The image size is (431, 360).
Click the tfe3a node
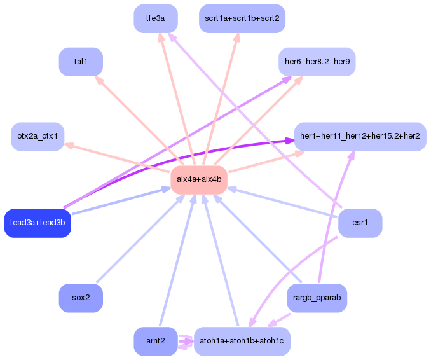156,18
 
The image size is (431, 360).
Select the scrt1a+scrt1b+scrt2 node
242,18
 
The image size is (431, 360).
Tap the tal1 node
81,62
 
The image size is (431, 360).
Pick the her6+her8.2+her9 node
317,62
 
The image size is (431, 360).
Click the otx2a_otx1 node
38,137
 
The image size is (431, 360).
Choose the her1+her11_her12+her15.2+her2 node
359,137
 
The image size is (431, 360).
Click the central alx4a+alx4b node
199,179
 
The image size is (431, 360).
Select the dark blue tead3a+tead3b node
38,223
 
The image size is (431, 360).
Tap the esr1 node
360,223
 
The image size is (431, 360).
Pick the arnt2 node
156,342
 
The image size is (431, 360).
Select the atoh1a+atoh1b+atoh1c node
242,342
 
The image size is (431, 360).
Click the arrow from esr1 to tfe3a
254,121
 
